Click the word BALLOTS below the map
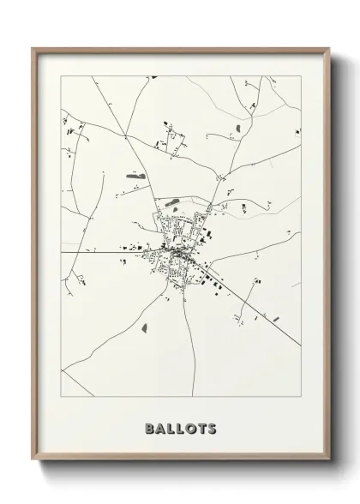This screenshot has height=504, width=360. tap(181, 427)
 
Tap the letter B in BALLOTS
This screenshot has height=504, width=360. tap(151, 427)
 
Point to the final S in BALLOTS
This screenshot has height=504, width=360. tap(211, 427)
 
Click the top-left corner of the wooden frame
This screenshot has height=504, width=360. tap(33, 48)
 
